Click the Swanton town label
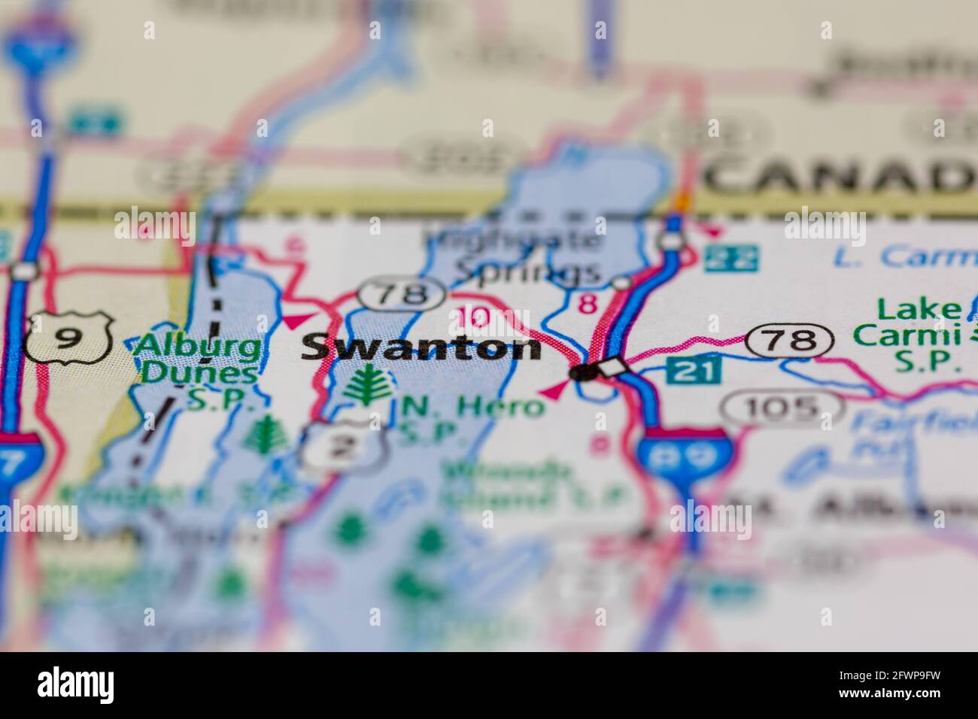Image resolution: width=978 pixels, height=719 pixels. click(421, 348)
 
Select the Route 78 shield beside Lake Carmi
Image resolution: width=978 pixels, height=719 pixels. click(790, 341)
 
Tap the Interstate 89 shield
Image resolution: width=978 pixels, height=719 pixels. click(682, 457)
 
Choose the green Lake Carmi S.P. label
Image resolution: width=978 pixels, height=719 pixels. click(919, 335)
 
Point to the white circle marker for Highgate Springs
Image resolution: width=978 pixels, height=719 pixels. click(621, 283)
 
